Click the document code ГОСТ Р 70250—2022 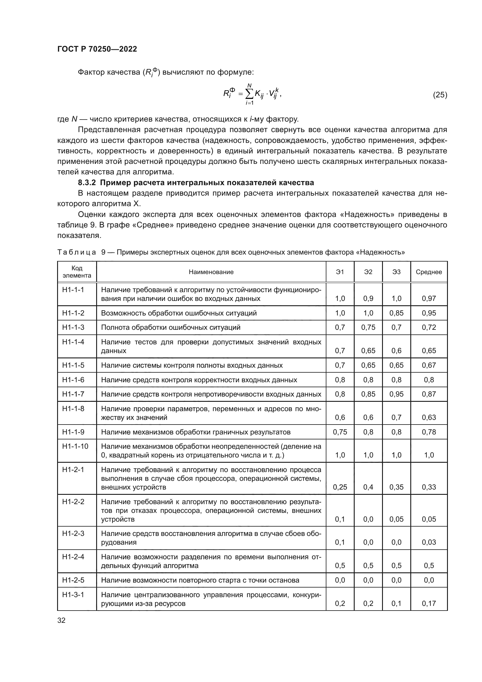97,49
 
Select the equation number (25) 440,95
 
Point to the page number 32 61,620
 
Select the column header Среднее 429,272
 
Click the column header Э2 368,272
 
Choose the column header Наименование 211,272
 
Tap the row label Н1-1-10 75,446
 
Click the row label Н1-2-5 73,580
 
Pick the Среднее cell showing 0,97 429,299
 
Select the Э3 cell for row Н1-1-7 396,394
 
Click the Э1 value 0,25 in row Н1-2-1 340,487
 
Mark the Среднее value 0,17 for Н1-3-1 429,604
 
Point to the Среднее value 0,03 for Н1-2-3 429,542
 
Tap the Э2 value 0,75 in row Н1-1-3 368,327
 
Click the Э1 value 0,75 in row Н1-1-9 340,432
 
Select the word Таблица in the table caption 77,253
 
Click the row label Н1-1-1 73,290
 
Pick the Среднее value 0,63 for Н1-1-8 429,417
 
